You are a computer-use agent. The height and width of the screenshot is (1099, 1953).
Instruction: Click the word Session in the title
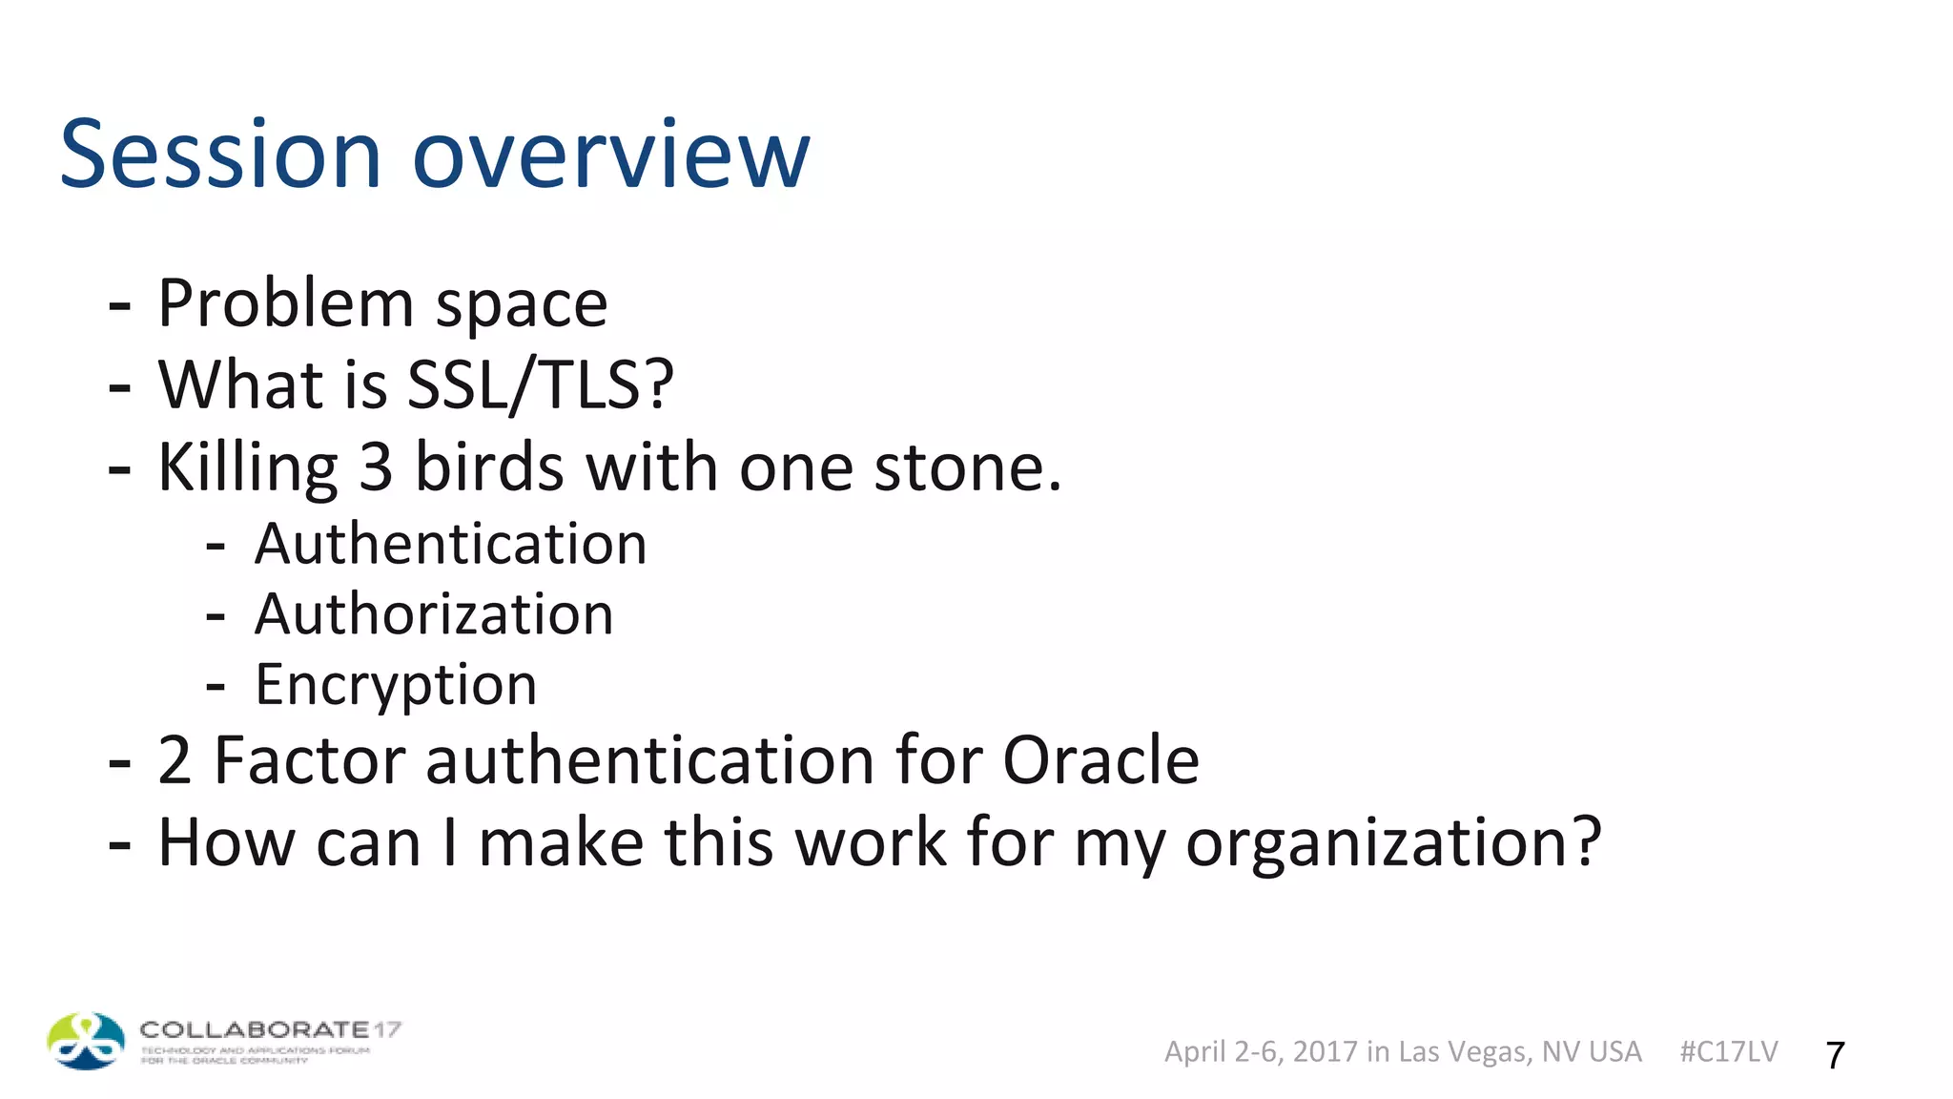(220, 155)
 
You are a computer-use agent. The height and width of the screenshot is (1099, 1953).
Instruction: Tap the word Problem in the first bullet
(285, 304)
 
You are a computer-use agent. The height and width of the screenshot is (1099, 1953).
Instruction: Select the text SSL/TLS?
(541, 385)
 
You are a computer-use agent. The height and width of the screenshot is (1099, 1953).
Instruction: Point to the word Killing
(247, 467)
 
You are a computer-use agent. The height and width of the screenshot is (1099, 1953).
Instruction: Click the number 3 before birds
(376, 467)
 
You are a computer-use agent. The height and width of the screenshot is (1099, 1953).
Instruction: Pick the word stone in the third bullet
(967, 467)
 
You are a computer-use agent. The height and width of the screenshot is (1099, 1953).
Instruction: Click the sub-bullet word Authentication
(450, 545)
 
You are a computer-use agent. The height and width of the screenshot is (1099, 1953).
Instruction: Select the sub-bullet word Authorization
(434, 614)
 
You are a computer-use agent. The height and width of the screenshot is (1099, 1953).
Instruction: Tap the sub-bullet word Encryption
(396, 685)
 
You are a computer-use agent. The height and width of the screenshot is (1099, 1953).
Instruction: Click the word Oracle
(1100, 760)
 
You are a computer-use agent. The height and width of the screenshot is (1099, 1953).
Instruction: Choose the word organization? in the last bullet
(1393, 843)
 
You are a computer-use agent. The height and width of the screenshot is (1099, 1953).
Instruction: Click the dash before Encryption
(216, 686)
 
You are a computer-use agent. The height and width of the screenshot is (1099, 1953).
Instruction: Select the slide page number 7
(1835, 1055)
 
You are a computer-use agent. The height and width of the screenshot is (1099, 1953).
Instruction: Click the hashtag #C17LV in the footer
(1728, 1051)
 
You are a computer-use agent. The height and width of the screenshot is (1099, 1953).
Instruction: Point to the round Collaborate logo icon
(86, 1041)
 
